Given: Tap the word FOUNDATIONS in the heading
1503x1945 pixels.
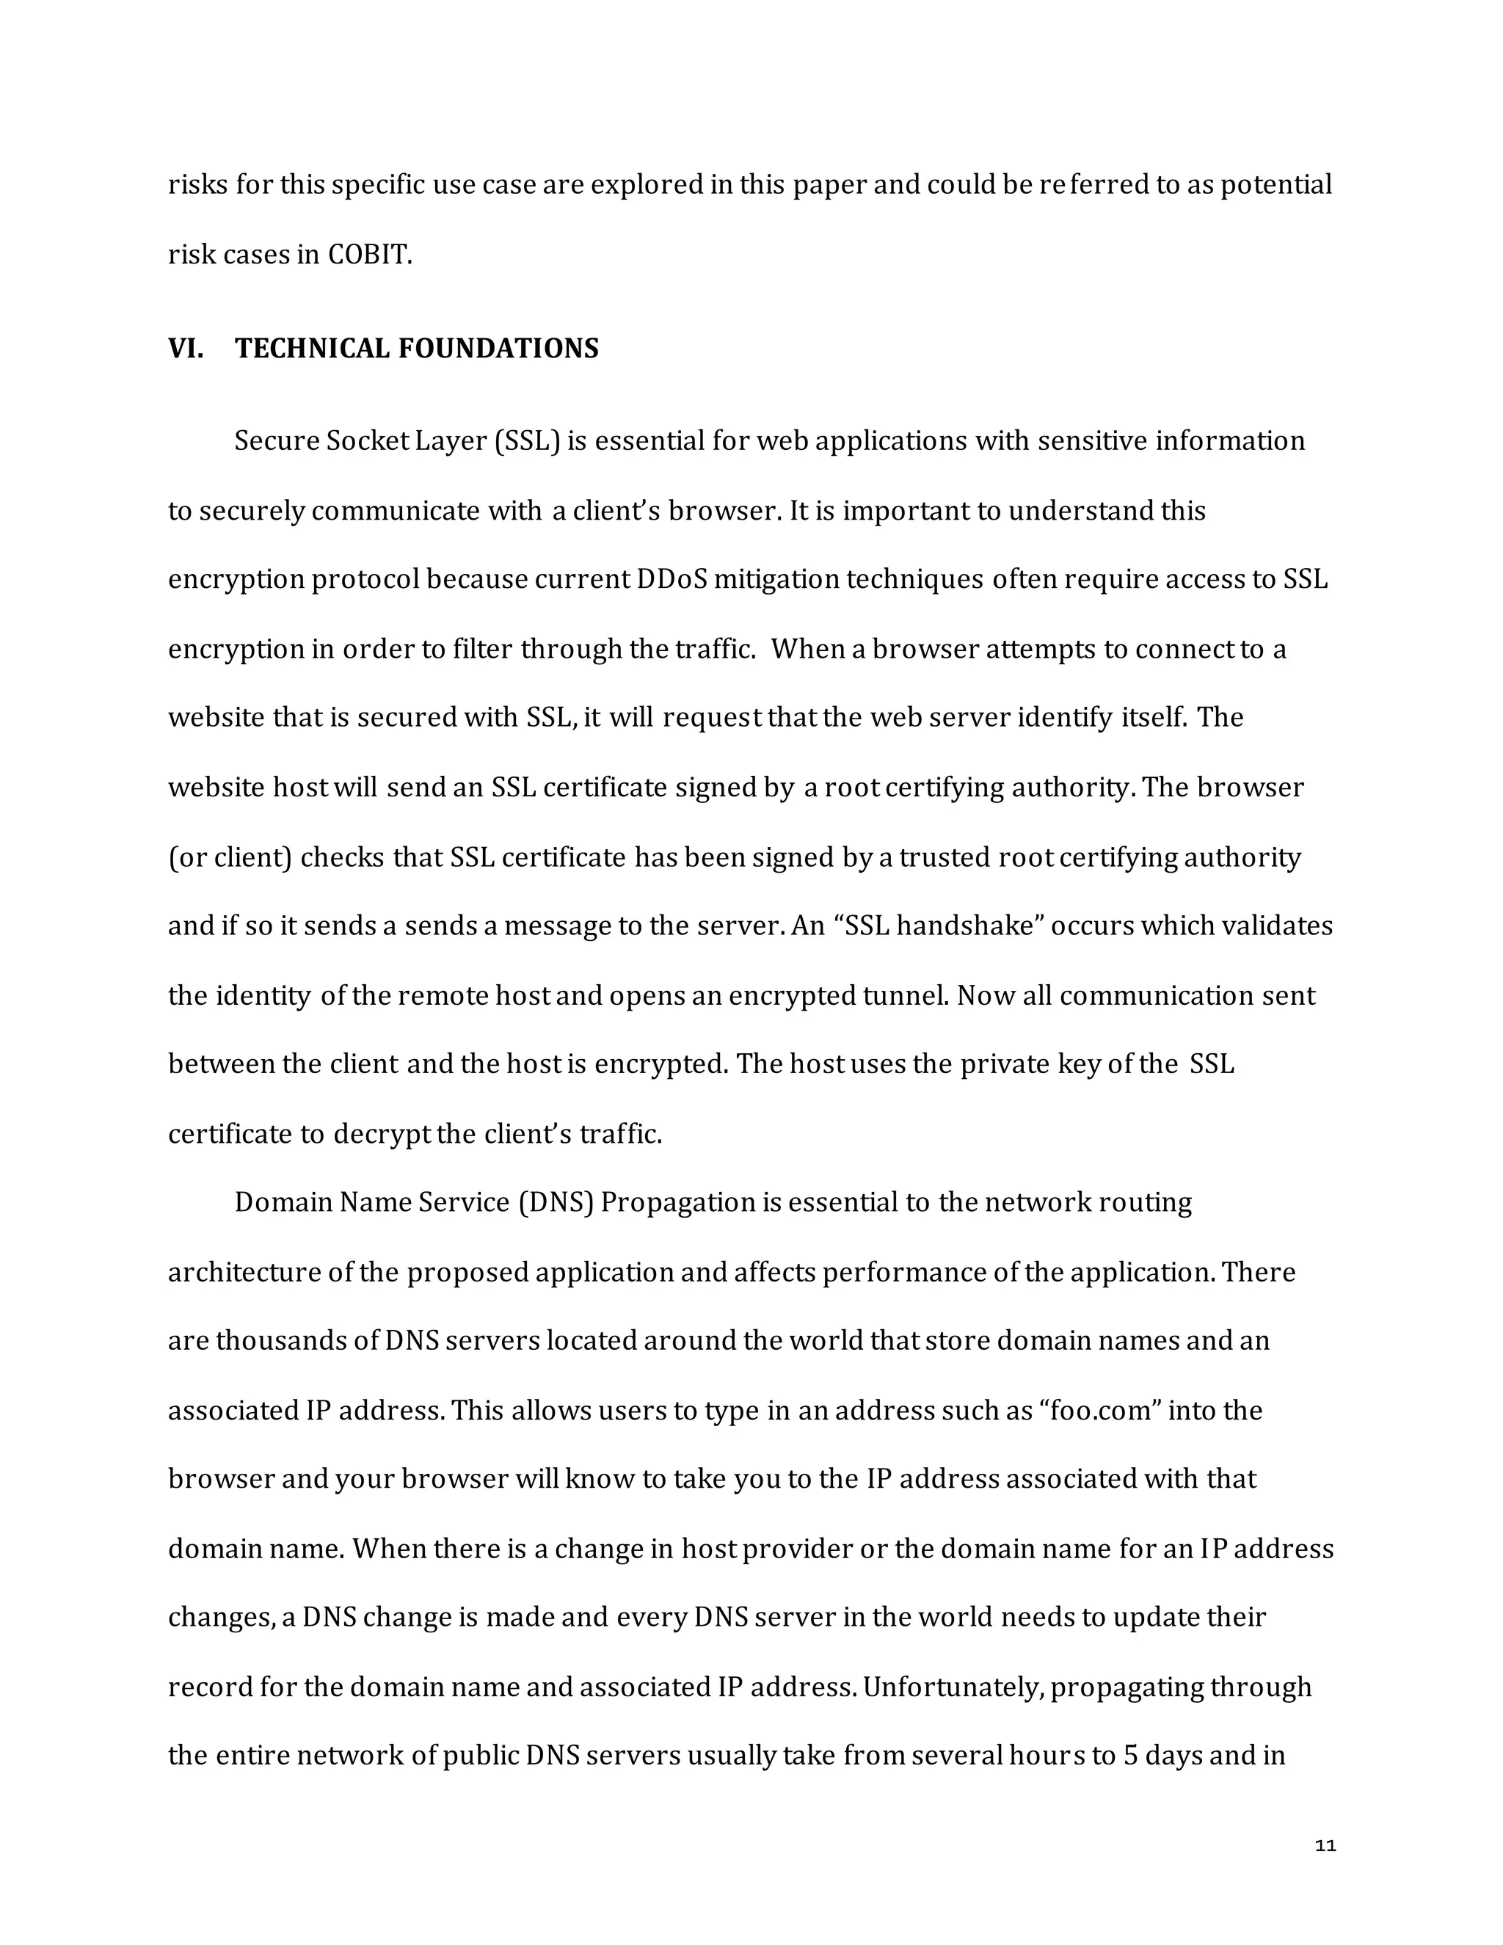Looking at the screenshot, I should coord(498,348).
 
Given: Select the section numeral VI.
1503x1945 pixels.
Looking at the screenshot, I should coord(185,348).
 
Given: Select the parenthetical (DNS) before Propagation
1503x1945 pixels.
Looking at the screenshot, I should coord(556,1203).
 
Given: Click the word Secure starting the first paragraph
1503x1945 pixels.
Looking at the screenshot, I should coord(277,442).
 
